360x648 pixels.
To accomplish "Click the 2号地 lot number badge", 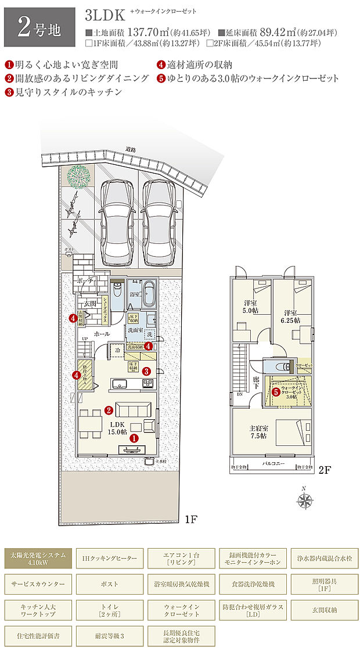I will (x=39, y=27).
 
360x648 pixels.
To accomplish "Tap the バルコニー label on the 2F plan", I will (x=272, y=465).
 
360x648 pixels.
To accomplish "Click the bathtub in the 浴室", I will (x=149, y=294).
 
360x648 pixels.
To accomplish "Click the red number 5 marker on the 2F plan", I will (x=276, y=392).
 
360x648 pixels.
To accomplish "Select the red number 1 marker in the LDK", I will (x=134, y=440).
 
